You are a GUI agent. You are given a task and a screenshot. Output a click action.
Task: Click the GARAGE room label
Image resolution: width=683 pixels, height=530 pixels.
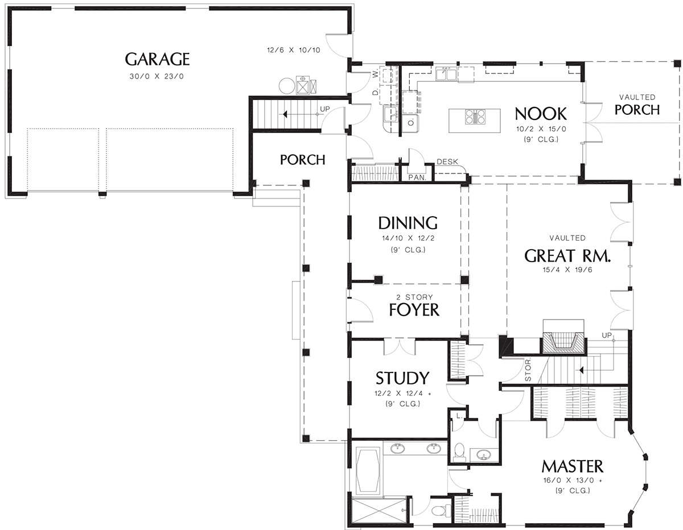point(157,59)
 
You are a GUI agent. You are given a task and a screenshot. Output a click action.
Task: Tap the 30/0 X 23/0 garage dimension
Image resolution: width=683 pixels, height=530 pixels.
point(157,76)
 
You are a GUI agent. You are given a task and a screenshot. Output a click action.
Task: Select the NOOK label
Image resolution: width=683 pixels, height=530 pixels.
point(541,114)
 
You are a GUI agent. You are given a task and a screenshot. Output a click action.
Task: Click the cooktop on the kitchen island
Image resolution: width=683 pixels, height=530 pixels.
point(475,117)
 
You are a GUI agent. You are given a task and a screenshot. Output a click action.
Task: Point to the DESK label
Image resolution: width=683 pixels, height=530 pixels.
point(447,162)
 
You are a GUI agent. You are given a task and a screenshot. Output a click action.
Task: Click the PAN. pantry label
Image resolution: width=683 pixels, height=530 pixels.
point(417,177)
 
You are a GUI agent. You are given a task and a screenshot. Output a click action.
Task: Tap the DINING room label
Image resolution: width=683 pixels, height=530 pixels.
point(408,223)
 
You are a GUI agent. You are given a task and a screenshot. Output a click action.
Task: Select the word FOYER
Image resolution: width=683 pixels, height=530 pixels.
point(414,310)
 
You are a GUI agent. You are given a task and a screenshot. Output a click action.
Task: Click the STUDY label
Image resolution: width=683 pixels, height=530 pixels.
point(402,378)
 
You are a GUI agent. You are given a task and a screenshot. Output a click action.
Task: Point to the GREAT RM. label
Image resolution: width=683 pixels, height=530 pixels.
point(567,256)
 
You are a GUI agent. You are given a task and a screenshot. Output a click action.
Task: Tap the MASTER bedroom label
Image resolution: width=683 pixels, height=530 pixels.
point(573,466)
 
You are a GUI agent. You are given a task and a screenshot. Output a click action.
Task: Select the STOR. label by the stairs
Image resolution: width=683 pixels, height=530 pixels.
point(528,370)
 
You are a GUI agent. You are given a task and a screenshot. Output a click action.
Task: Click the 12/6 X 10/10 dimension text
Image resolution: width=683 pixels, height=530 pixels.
point(294,50)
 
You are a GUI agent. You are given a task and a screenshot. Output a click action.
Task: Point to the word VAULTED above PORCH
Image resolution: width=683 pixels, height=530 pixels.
point(637,97)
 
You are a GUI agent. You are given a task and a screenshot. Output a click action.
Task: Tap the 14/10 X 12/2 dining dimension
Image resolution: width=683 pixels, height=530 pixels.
point(408,238)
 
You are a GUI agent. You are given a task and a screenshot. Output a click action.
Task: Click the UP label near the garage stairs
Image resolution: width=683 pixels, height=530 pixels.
point(324,109)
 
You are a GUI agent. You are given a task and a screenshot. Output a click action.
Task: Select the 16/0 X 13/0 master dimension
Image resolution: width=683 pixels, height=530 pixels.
point(573,481)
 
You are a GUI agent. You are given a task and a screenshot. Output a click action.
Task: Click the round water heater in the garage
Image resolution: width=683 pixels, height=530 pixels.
point(287,85)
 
